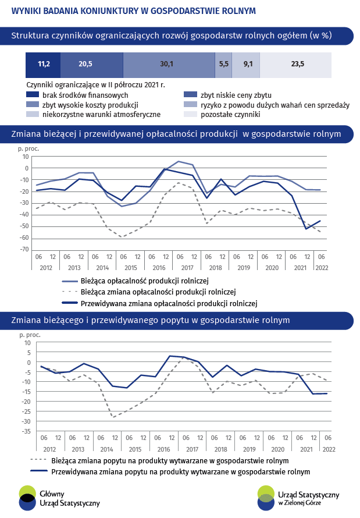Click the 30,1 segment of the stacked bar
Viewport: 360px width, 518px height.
point(169,65)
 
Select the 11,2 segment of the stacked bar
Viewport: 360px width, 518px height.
point(43,65)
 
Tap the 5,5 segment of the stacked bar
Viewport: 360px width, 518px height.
point(223,65)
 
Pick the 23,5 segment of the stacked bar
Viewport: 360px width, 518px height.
point(295,65)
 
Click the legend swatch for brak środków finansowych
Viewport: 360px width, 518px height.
point(33,95)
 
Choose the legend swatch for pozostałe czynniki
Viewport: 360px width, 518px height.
point(190,114)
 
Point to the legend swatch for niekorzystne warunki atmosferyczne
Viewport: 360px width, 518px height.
point(33,114)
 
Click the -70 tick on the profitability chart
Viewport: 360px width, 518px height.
point(25,250)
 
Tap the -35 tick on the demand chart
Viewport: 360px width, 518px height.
point(26,431)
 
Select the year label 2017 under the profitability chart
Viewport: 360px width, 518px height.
point(187,268)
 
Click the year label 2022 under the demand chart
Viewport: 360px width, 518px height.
point(329,449)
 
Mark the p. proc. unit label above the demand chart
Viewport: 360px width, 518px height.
point(30,335)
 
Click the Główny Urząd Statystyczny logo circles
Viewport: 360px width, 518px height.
point(27,498)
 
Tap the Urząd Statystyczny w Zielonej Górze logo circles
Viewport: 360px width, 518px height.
point(266,498)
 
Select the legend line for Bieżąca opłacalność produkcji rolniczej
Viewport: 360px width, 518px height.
point(70,282)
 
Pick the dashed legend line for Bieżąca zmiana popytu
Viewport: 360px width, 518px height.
point(38,460)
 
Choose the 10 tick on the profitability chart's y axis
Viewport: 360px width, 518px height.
point(26,157)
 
